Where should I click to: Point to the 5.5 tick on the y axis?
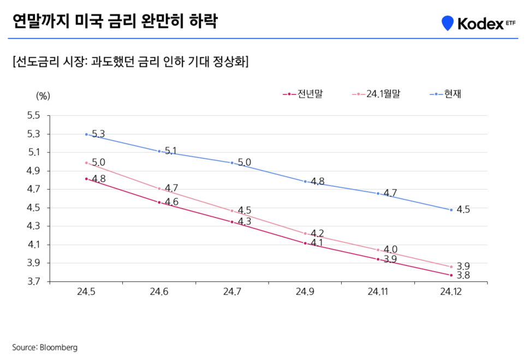34,115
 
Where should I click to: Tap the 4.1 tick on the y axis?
34,245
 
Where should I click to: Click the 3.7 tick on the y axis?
34,281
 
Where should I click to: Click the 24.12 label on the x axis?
451,293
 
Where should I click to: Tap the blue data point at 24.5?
86,134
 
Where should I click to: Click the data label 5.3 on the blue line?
98,134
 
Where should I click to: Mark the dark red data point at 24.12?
451,275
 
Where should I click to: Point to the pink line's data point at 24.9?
305,233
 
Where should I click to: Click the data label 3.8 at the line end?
463,276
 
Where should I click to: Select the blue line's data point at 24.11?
378,193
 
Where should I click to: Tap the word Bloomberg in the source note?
58,347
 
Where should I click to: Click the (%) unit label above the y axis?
43,95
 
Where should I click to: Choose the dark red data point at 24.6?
159,202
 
